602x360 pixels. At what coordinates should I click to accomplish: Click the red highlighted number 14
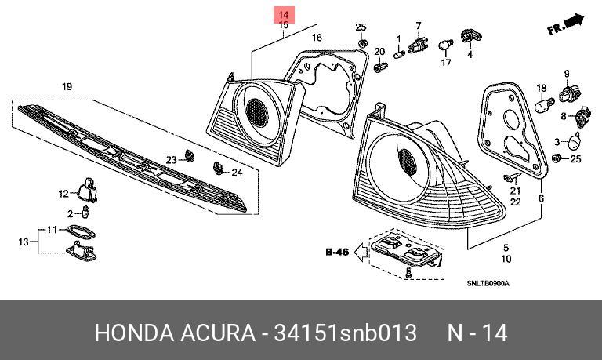[283, 15]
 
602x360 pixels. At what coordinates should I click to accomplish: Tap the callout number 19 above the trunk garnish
[67, 87]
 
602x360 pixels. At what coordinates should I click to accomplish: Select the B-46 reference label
[337, 252]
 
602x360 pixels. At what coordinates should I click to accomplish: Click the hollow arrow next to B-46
[360, 253]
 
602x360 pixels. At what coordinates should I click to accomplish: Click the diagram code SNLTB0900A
[488, 284]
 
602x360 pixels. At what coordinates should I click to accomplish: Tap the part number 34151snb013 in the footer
[345, 333]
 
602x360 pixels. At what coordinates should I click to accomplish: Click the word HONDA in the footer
[134, 333]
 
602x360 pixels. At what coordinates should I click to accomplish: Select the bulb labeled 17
[445, 45]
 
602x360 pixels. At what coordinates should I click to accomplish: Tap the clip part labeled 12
[88, 190]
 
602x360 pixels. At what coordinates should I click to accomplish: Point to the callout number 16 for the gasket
[317, 38]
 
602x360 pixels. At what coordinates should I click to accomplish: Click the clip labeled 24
[218, 168]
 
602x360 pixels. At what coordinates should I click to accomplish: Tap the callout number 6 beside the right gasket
[541, 198]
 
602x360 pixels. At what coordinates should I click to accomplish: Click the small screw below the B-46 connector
[408, 273]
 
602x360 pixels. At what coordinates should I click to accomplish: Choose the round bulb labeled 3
[574, 142]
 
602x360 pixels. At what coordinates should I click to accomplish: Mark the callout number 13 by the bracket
[24, 242]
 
